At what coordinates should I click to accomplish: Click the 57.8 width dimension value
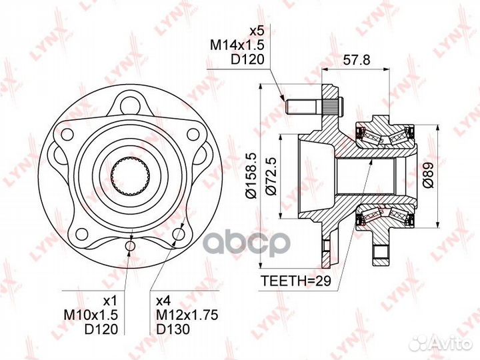pos(356,60)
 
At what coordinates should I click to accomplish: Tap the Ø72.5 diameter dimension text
pos(271,176)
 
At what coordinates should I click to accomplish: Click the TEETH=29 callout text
pos(296,281)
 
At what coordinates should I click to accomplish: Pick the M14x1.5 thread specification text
pos(237,45)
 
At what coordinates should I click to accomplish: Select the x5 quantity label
pos(257,31)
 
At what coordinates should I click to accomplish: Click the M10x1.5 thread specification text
pos(91,315)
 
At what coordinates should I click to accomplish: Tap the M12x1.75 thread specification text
pos(187,315)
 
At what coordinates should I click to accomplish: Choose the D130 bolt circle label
pos(173,329)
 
